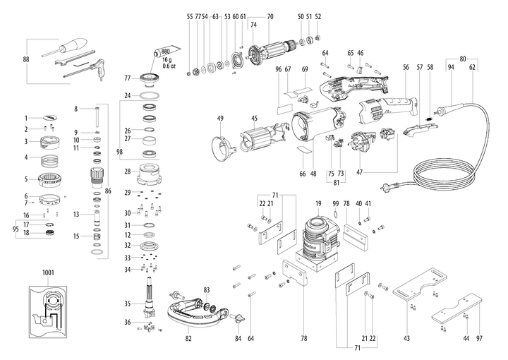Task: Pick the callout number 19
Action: point(318,203)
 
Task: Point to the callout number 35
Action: point(127,304)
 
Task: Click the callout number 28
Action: point(127,172)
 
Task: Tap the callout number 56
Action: point(406,67)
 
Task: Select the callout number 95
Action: point(15,228)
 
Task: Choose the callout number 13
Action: point(75,214)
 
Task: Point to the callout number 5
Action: point(26,179)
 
